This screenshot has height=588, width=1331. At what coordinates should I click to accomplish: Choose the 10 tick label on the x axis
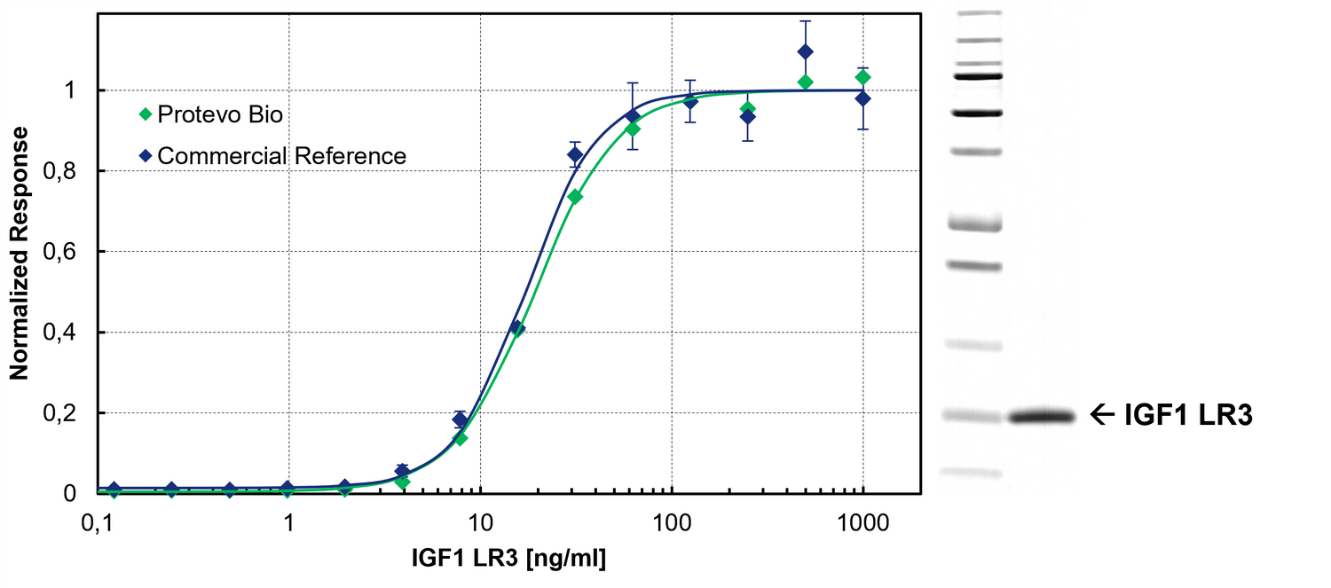click(x=480, y=522)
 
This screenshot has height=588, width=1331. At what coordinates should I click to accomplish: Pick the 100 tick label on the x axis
click(x=672, y=522)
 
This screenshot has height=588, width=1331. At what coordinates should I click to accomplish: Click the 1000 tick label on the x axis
click(x=862, y=522)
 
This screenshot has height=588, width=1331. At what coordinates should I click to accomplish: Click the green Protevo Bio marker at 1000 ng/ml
click(x=862, y=77)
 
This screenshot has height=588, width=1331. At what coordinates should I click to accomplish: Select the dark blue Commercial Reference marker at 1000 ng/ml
click(x=862, y=98)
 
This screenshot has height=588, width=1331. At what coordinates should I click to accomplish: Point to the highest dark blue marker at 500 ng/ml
click(x=805, y=51)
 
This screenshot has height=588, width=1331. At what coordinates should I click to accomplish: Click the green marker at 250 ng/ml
click(x=748, y=108)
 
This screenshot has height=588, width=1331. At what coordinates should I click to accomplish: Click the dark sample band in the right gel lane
click(x=1042, y=416)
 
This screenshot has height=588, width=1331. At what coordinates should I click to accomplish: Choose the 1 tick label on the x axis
click(x=289, y=522)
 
